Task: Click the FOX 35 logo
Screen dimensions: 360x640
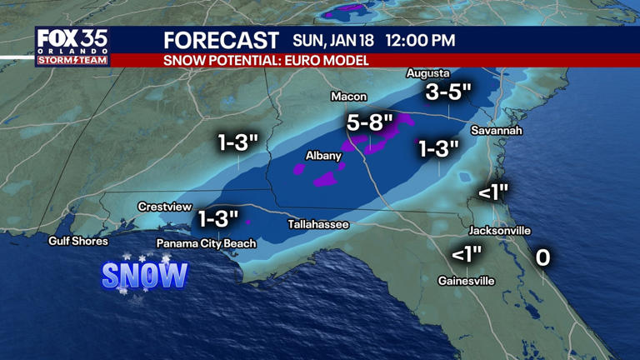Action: (71, 46)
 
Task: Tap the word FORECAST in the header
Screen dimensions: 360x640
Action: (221, 40)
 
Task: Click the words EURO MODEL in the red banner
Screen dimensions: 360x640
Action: (326, 61)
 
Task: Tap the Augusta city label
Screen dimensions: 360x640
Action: (427, 73)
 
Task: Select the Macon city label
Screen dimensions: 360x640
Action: (348, 97)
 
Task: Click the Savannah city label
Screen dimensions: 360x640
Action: (496, 131)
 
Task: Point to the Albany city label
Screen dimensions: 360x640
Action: (323, 155)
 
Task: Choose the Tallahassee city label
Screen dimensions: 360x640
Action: (318, 224)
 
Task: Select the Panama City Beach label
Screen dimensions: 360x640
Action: (207, 243)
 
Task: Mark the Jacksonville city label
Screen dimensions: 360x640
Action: (500, 230)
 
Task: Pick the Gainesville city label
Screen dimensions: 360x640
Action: (467, 281)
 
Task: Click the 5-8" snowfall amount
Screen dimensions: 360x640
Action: (370, 122)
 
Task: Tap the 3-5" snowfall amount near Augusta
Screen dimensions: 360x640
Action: (448, 92)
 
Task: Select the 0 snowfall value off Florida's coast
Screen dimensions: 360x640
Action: (542, 257)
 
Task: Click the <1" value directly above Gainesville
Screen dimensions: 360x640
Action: (467, 254)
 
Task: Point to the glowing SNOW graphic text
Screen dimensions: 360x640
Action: (145, 276)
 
